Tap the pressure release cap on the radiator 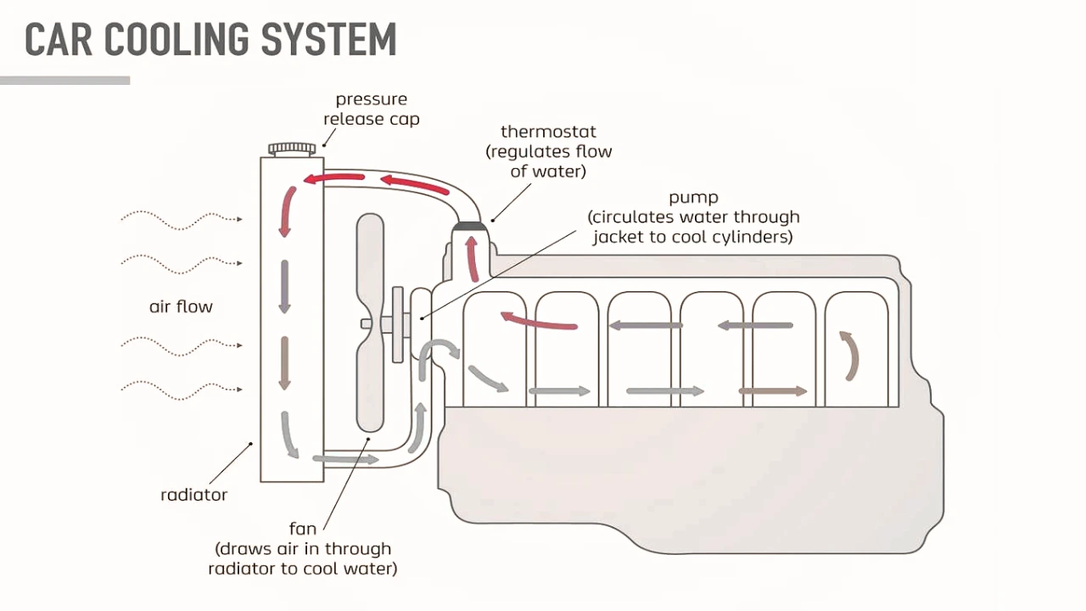pos(292,149)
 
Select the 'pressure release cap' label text pos(371,109)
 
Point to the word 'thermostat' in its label pos(548,132)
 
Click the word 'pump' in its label pos(693,198)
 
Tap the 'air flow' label pos(181,306)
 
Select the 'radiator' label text pos(193,495)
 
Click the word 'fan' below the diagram pos(303,529)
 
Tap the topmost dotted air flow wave pos(181,219)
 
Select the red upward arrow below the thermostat pos(472,258)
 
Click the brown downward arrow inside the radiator pos(285,363)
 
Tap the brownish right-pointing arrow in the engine pos(772,391)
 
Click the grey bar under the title pos(65,81)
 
